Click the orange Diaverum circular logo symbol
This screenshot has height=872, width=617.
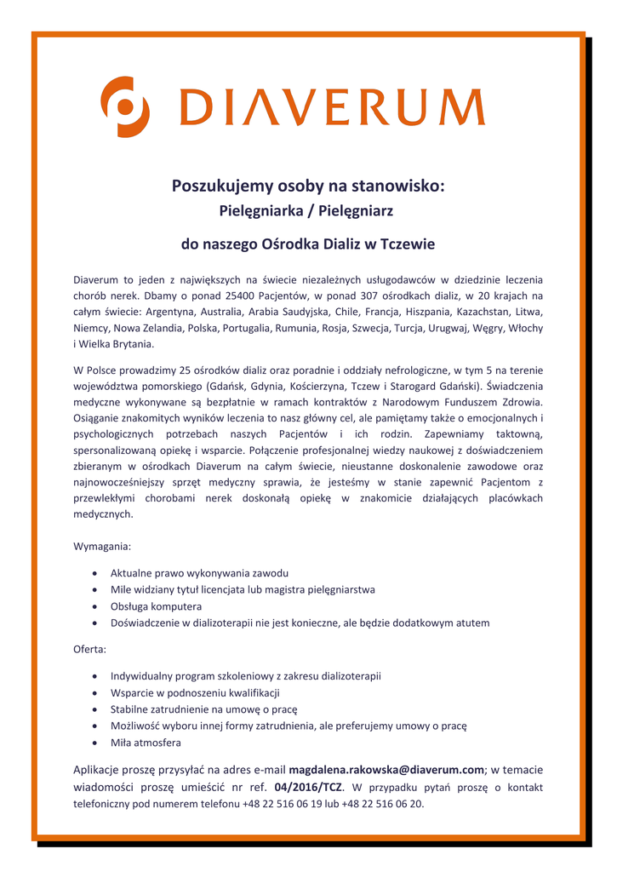pyautogui.click(x=125, y=106)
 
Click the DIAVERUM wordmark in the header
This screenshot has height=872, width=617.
pyautogui.click(x=332, y=108)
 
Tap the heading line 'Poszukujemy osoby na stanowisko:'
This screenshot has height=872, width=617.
pyautogui.click(x=308, y=185)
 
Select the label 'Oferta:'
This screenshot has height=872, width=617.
pyautogui.click(x=90, y=649)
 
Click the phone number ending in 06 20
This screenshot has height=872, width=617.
pyautogui.click(x=382, y=803)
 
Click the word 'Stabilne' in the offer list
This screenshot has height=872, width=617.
pyautogui.click(x=130, y=709)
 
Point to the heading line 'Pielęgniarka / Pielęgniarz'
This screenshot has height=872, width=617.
pyautogui.click(x=307, y=209)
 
